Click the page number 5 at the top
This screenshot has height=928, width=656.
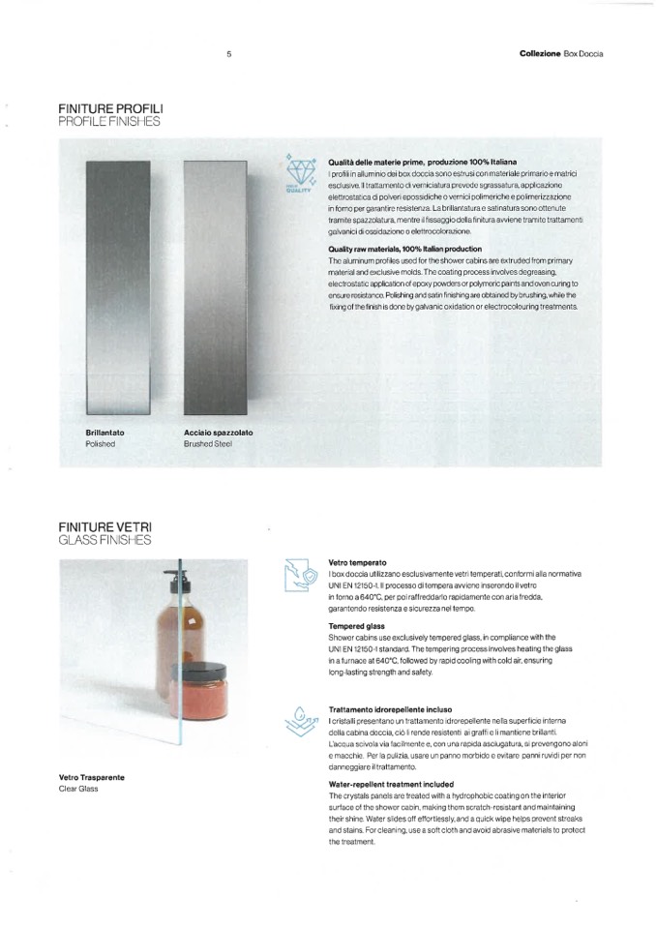coord(228,53)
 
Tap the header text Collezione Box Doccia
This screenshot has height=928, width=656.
coord(560,53)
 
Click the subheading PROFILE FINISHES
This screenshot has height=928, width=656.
coord(108,123)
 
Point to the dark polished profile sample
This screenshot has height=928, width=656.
coord(117,285)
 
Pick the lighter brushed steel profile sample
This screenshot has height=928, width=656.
coord(216,285)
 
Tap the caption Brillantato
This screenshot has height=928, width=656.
coord(104,433)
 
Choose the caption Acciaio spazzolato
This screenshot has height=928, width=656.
coord(218,433)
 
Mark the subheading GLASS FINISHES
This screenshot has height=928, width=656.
coord(104,540)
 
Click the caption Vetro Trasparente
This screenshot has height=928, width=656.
coord(91,777)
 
